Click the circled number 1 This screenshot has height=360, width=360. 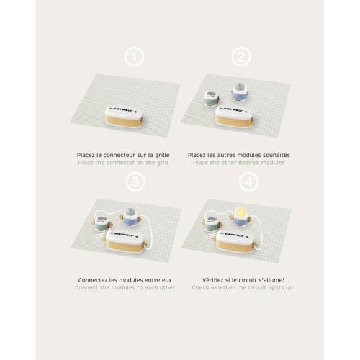134,58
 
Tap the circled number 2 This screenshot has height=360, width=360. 241,58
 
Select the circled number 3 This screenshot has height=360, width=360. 135,182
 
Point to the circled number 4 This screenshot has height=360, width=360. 248,182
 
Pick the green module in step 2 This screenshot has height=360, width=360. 212,98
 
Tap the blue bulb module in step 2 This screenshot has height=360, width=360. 239,92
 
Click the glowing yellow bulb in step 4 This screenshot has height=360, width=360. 240,212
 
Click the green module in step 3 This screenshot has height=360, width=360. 102,223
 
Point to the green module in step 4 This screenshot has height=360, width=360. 212,223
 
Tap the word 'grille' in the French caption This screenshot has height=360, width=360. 162,155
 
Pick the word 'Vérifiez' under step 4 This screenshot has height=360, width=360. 212,280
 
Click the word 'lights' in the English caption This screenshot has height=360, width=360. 276,287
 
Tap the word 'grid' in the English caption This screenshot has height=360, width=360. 163,163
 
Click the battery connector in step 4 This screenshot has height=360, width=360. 234,241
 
